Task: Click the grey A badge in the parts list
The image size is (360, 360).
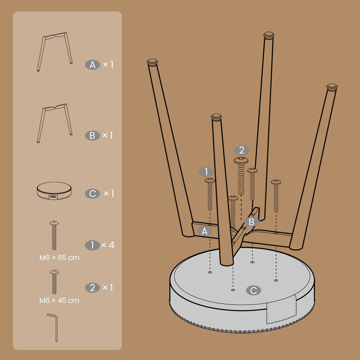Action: coord(92,65)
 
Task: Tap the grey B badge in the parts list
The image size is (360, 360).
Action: coord(92,136)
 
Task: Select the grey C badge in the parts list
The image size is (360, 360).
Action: coord(92,193)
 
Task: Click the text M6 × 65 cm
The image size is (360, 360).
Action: coord(59,258)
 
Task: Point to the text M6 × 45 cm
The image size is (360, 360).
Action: coord(59,300)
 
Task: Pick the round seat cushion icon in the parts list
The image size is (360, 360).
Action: coord(54,191)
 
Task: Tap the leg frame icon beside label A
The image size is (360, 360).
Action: coord(55,52)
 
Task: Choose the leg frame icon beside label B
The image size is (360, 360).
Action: coord(55,123)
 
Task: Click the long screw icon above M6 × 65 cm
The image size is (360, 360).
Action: coord(54,235)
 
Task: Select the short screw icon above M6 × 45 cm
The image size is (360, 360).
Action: coord(54,282)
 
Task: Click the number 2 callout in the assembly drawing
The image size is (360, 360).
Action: coord(242,150)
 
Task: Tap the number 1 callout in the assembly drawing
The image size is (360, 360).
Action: coord(206,172)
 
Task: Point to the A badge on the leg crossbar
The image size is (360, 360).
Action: coord(205,231)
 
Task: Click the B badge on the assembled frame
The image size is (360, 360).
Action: coord(252,222)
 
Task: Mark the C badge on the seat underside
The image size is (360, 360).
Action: coord(254,290)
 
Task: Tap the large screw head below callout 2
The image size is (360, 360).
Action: coord(241,160)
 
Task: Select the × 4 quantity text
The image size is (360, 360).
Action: coord(108,245)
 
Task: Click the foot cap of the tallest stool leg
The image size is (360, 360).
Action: coord(269,35)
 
